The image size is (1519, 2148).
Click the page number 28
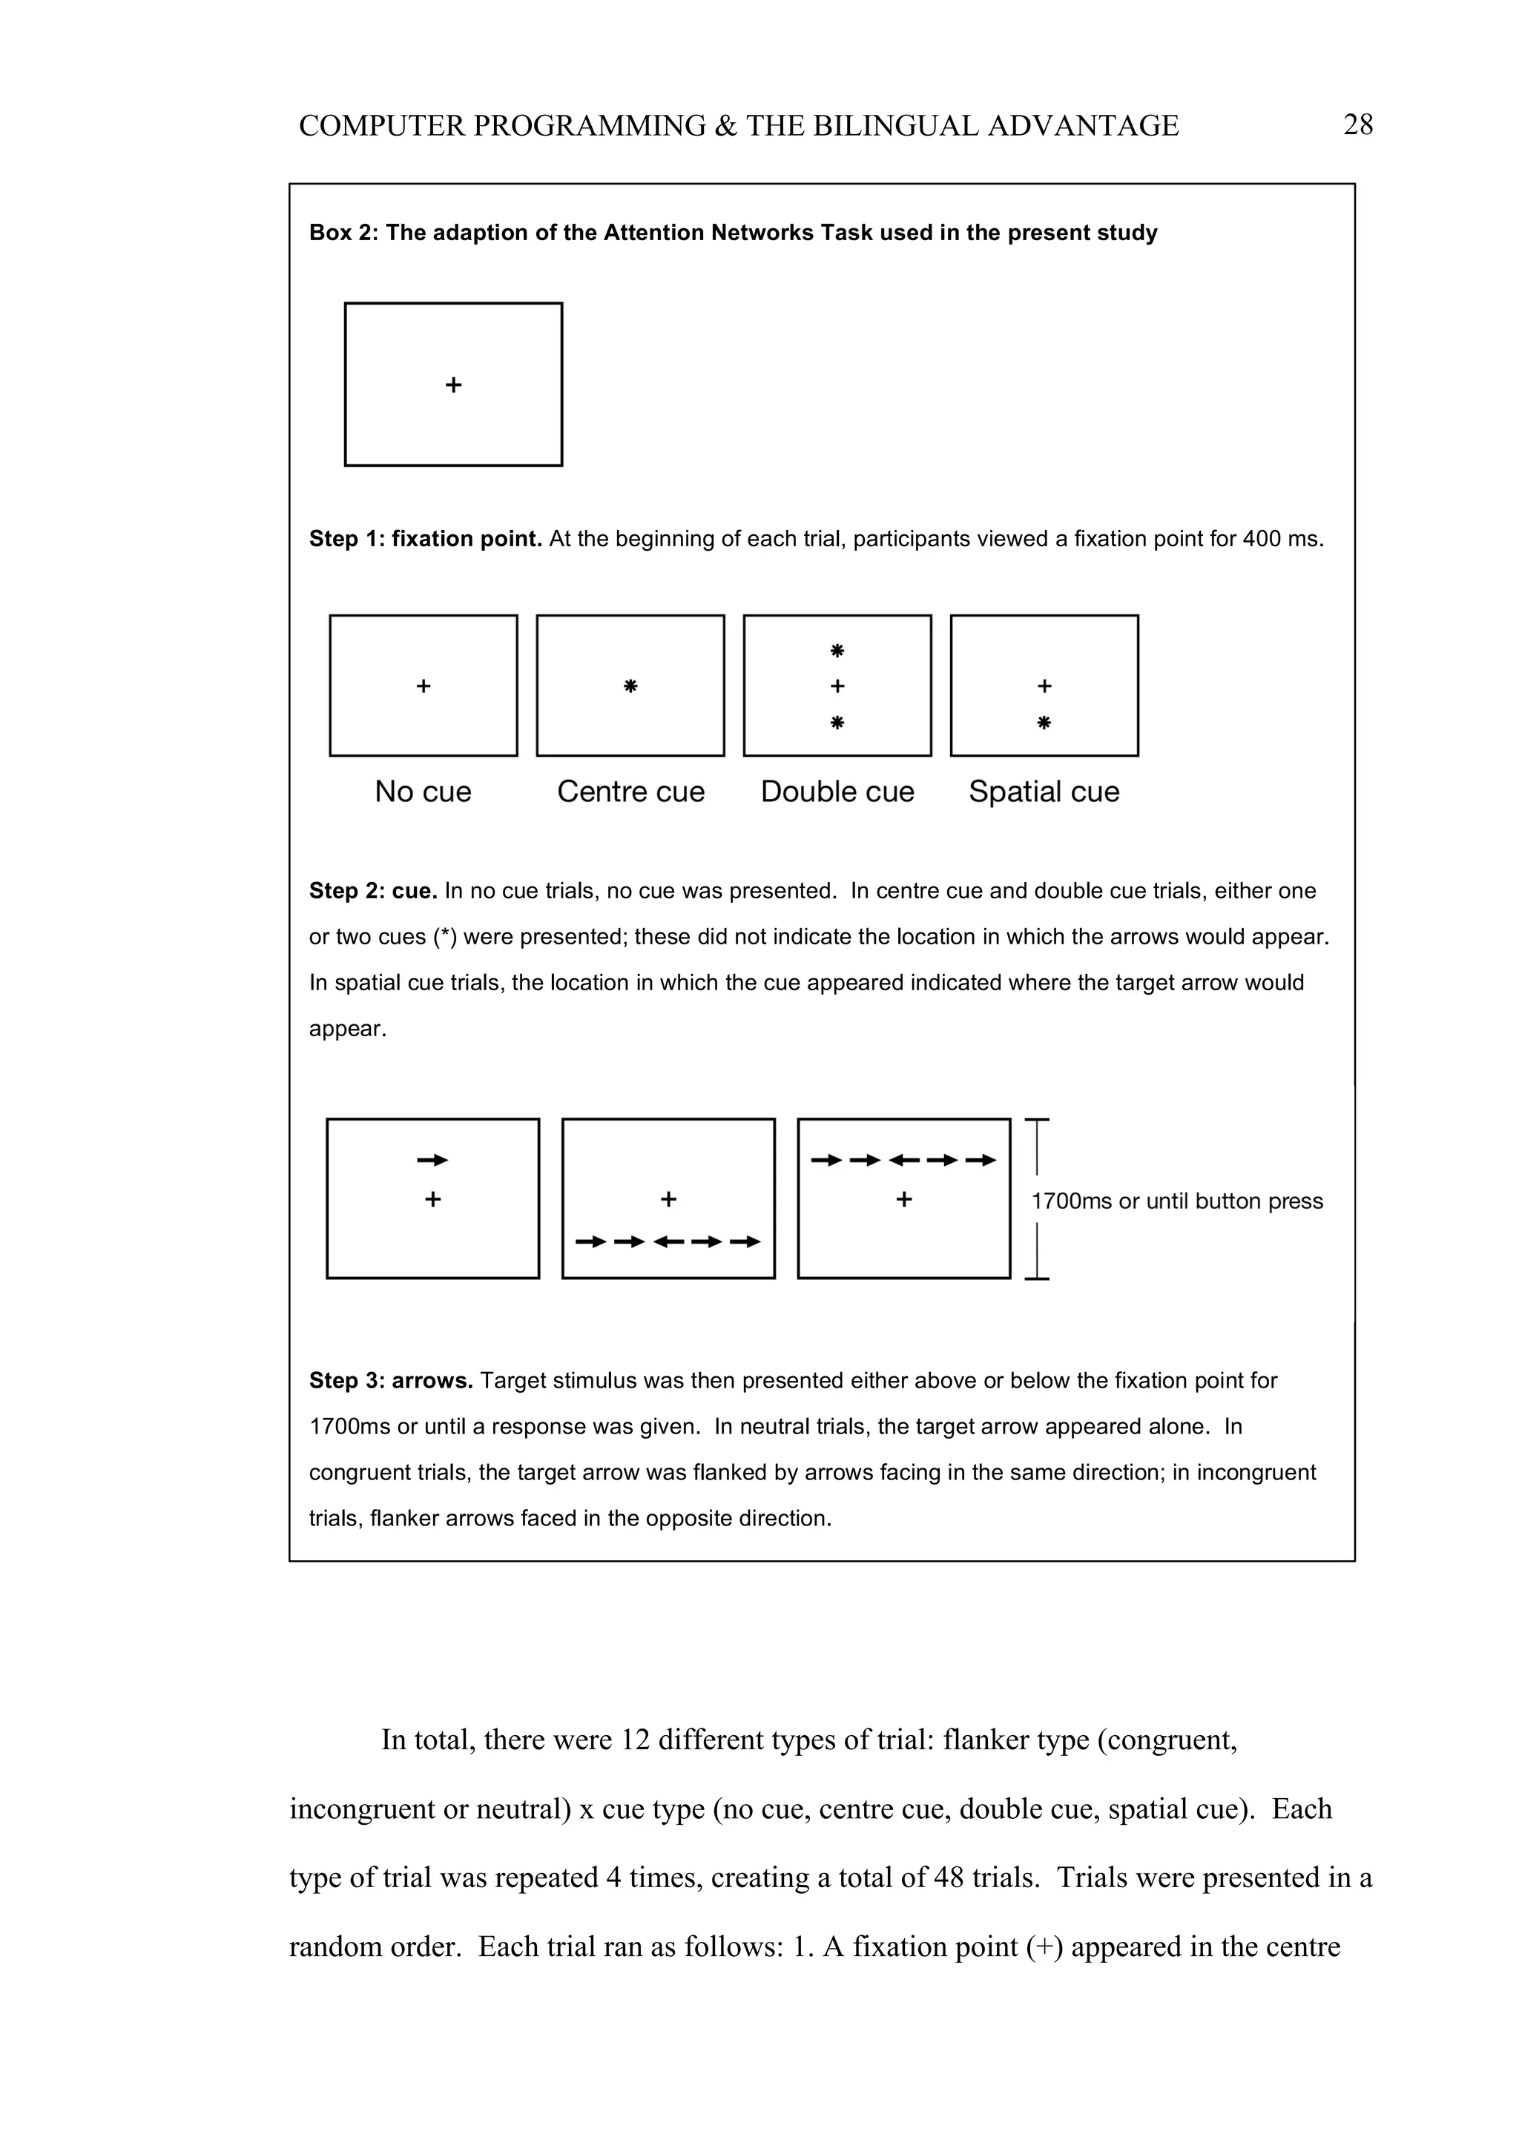click(1357, 125)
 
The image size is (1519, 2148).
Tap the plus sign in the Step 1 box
click(453, 385)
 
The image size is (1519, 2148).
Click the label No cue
click(423, 792)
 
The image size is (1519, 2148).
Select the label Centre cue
click(630, 792)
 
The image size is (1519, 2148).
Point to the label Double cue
click(837, 792)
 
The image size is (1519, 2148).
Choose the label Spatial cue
click(1044, 792)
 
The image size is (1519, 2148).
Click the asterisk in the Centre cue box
click(630, 686)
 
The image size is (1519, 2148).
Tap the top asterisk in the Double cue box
click(837, 650)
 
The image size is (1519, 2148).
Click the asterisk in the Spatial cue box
click(1044, 722)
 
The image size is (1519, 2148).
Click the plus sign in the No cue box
click(423, 686)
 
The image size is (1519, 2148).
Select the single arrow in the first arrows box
click(432, 1160)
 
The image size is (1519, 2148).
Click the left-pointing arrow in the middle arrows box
click(668, 1242)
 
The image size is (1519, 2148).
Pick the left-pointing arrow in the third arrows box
click(903, 1160)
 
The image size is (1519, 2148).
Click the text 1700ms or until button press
click(1176, 1201)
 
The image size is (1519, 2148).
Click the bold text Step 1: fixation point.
click(425, 539)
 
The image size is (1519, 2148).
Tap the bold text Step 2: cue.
click(372, 891)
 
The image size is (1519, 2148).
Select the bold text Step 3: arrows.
click(390, 1381)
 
